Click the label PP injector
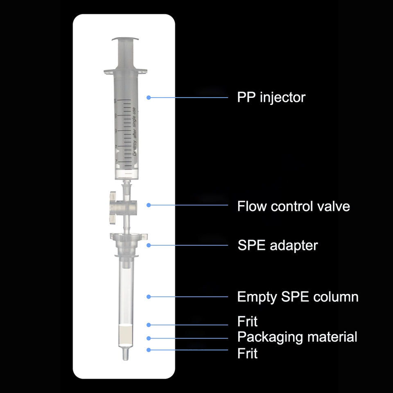(x=271, y=97)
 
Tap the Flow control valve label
(x=294, y=206)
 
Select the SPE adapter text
(x=278, y=246)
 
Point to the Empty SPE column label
(x=298, y=297)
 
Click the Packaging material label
(x=297, y=337)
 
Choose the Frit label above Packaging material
(x=247, y=321)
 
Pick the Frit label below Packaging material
(x=247, y=353)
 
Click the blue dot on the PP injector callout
(x=149, y=97)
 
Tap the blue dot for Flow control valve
(x=149, y=205)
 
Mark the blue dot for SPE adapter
(x=149, y=245)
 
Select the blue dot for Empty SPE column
(x=149, y=296)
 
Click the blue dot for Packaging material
(x=149, y=338)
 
